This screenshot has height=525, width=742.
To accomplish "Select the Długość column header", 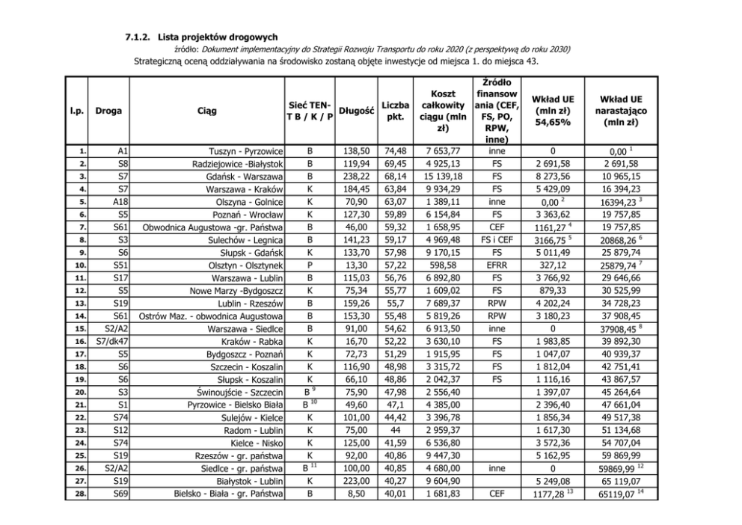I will (x=357, y=111).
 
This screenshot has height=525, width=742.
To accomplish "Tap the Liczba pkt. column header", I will (x=394, y=111).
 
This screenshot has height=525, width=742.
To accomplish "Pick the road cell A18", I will (x=122, y=202).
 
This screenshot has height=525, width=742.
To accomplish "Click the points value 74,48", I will (x=394, y=151).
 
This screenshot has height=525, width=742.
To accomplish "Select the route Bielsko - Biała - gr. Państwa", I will (x=228, y=494).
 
